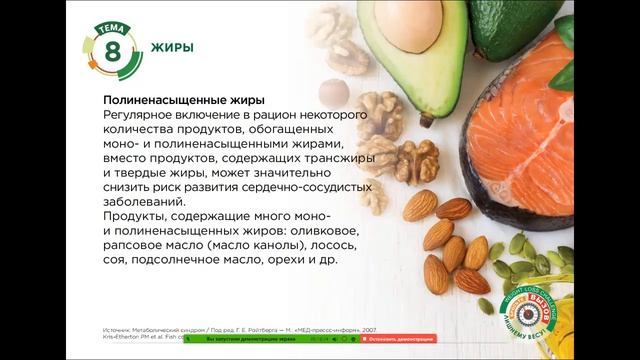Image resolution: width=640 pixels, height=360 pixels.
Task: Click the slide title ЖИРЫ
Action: click(172, 47)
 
